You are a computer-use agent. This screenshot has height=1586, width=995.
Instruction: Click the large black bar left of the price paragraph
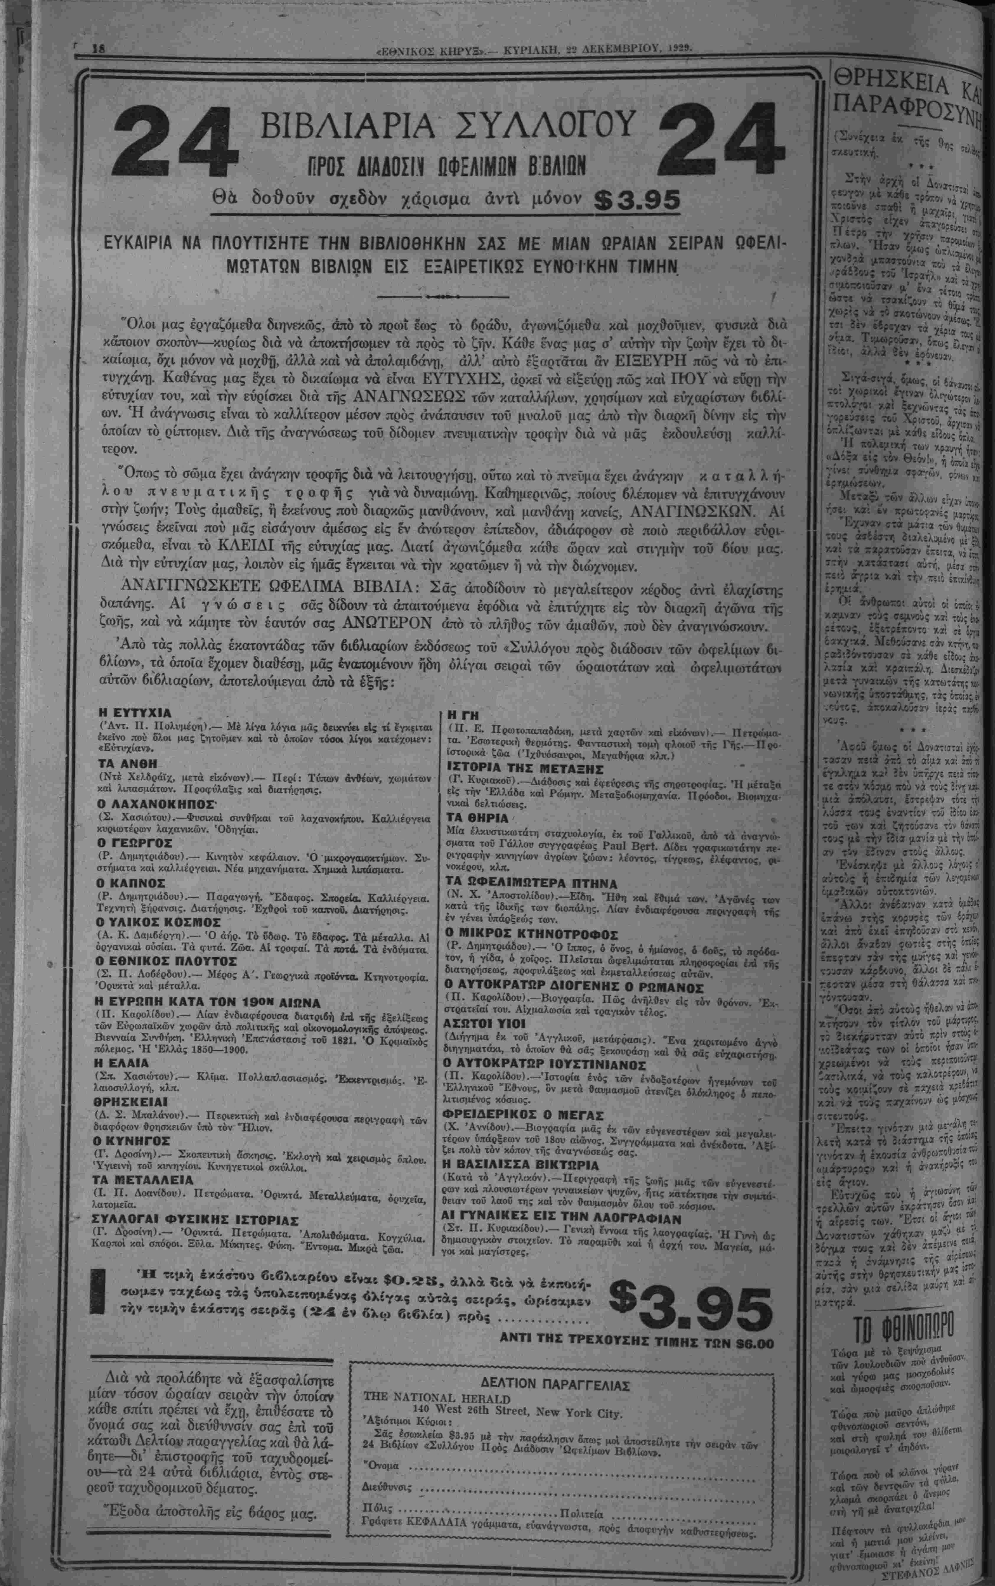(98, 1290)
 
